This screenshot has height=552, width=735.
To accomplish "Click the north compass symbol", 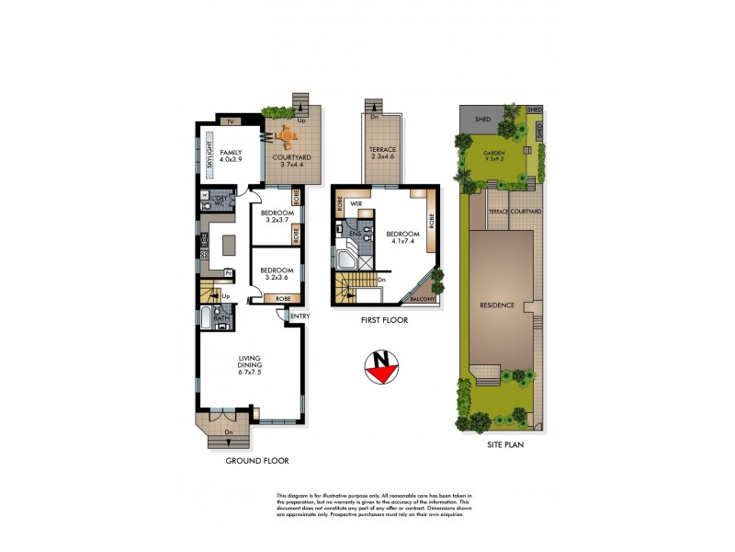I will click(x=382, y=366).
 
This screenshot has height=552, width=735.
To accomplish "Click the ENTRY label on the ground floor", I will click(x=300, y=317).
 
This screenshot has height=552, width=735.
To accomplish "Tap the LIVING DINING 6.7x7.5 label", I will click(x=250, y=365).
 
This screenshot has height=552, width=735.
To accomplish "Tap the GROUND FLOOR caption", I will click(x=252, y=462).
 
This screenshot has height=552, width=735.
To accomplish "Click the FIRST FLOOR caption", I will click(x=385, y=320).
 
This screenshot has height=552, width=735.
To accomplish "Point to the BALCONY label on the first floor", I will click(x=423, y=297).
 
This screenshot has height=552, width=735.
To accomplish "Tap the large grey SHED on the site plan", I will click(x=482, y=120).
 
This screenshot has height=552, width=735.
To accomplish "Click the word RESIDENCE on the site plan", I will click(x=501, y=304).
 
